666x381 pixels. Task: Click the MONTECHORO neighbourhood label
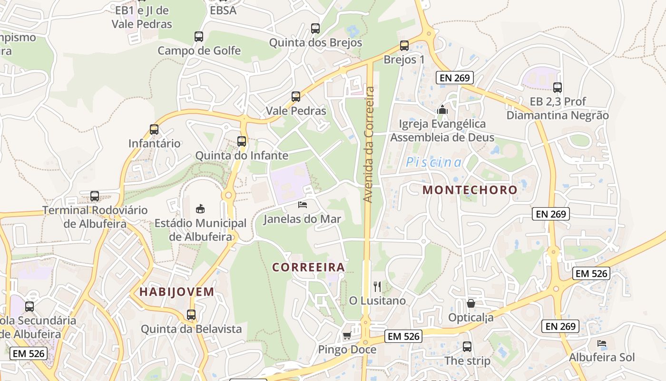point(470,190)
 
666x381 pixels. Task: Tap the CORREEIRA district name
point(308,267)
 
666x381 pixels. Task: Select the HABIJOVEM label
point(177,292)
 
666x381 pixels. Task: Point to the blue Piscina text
point(433,162)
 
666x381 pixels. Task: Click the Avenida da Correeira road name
point(368,144)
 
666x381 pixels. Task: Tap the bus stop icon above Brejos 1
point(404,46)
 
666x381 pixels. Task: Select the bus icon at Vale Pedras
point(296,97)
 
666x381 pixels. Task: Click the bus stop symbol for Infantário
point(154,129)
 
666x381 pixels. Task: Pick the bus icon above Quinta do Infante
point(242,141)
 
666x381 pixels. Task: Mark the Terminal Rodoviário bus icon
point(95,196)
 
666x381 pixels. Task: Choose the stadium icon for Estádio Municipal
point(200,209)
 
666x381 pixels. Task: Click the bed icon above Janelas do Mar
point(303,205)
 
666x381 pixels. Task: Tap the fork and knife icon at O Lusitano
point(377,286)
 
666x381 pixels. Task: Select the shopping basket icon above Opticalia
point(471,303)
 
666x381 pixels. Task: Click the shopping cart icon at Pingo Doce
point(347,335)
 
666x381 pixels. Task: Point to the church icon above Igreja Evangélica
point(442,110)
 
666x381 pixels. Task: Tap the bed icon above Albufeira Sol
point(602,343)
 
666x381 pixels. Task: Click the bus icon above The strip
point(467,346)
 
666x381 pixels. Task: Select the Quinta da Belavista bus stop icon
point(191,314)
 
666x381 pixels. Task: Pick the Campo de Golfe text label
point(199,50)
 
